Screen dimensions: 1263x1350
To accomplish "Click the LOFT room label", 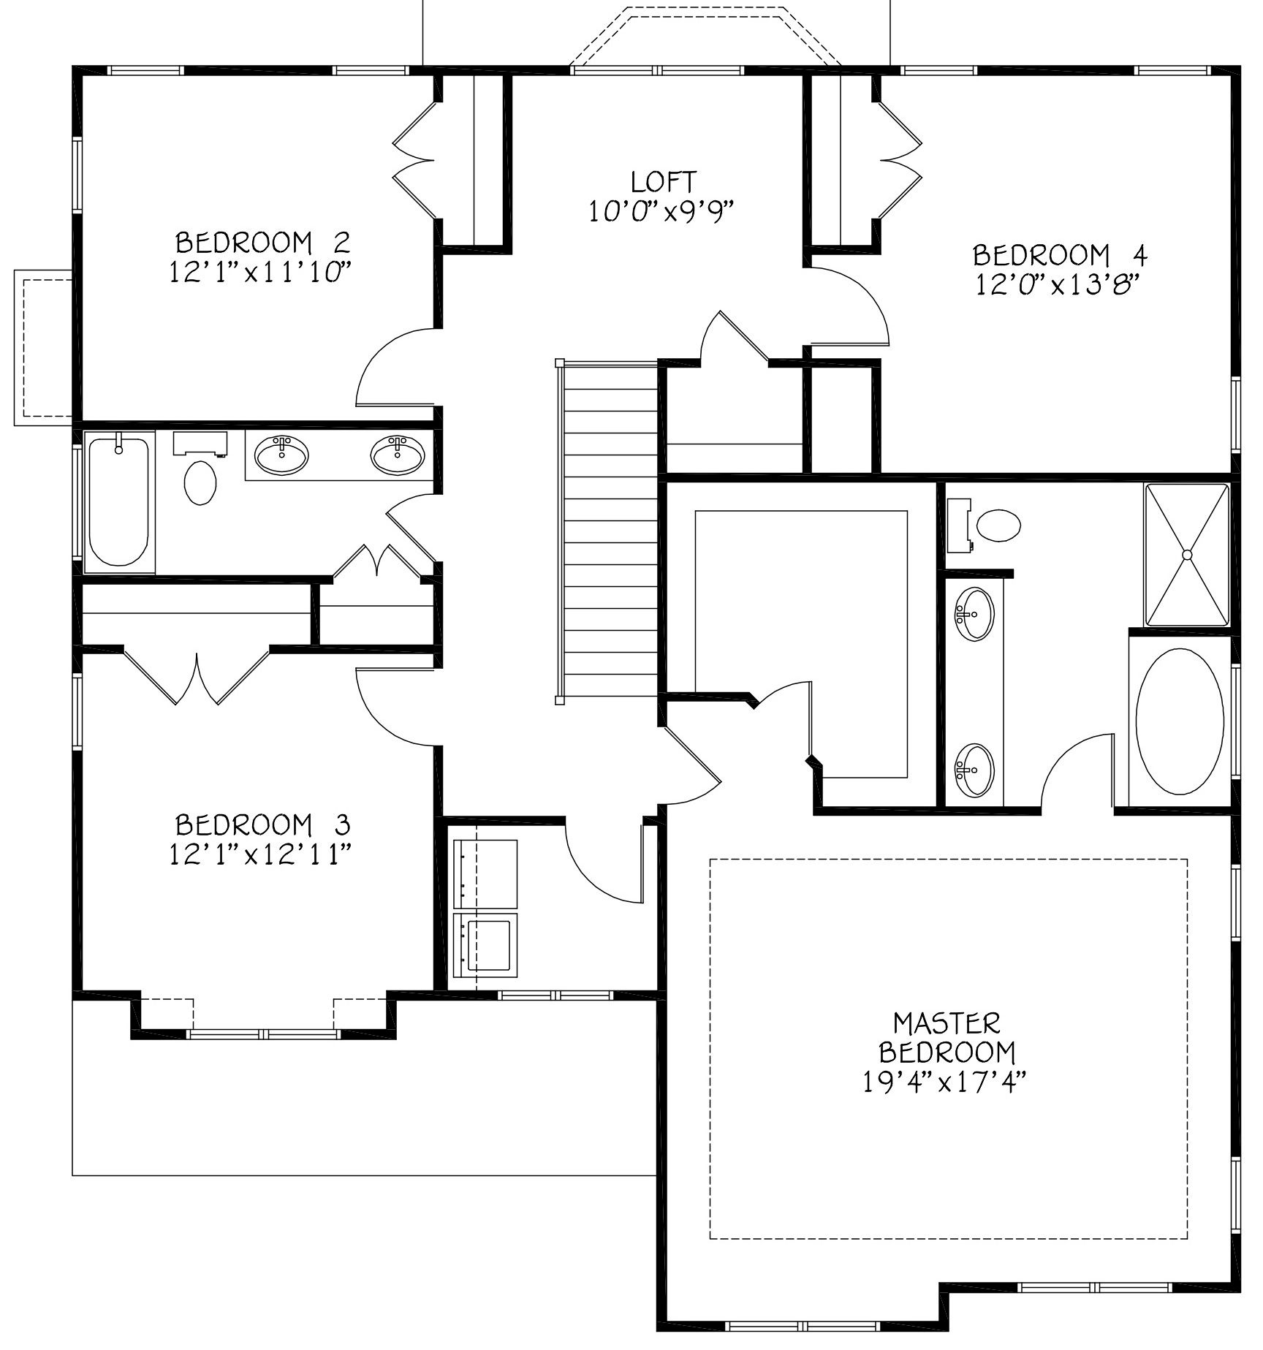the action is [663, 181].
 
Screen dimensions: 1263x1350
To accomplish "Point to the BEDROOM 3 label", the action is [263, 824].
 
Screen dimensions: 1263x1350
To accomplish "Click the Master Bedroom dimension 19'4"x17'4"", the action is [947, 1081].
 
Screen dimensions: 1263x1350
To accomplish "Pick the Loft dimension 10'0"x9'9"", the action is [661, 212].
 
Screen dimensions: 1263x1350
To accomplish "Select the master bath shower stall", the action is [1187, 555].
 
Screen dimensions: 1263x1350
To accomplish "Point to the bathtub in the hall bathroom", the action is [119, 501].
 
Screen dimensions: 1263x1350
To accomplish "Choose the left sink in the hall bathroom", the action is [281, 455].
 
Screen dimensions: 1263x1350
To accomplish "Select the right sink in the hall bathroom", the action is [397, 455].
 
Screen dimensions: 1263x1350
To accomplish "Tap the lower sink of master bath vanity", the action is [974, 770].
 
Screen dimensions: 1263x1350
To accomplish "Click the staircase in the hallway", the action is [609, 531].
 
